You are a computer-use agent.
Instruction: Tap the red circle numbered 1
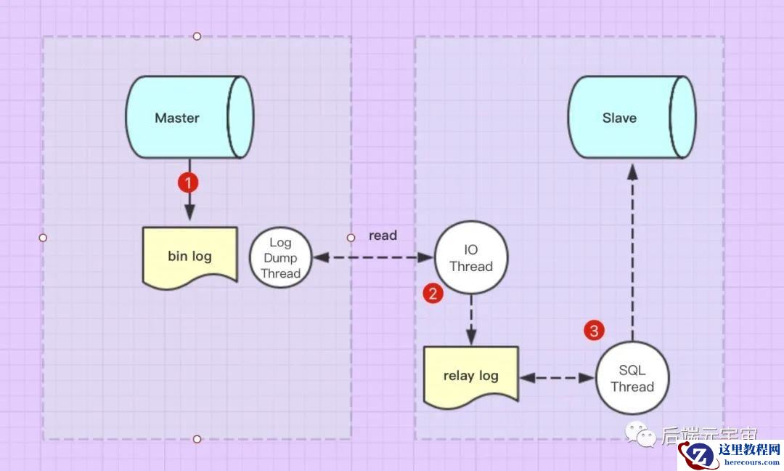(188, 182)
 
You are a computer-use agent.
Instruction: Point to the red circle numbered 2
(433, 294)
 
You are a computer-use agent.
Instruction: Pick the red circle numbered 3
(594, 331)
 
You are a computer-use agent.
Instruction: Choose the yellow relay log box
(471, 376)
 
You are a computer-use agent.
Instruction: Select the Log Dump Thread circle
(280, 258)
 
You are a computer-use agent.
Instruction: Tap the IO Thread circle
(471, 258)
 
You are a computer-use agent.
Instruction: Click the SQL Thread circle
(632, 379)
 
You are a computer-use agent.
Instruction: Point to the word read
(383, 235)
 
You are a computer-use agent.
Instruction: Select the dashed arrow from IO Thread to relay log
(471, 320)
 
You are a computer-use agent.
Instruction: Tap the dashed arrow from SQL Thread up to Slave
(632, 254)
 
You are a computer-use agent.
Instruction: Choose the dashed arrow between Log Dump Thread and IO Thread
(372, 258)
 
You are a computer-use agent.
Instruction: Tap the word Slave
(619, 118)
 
